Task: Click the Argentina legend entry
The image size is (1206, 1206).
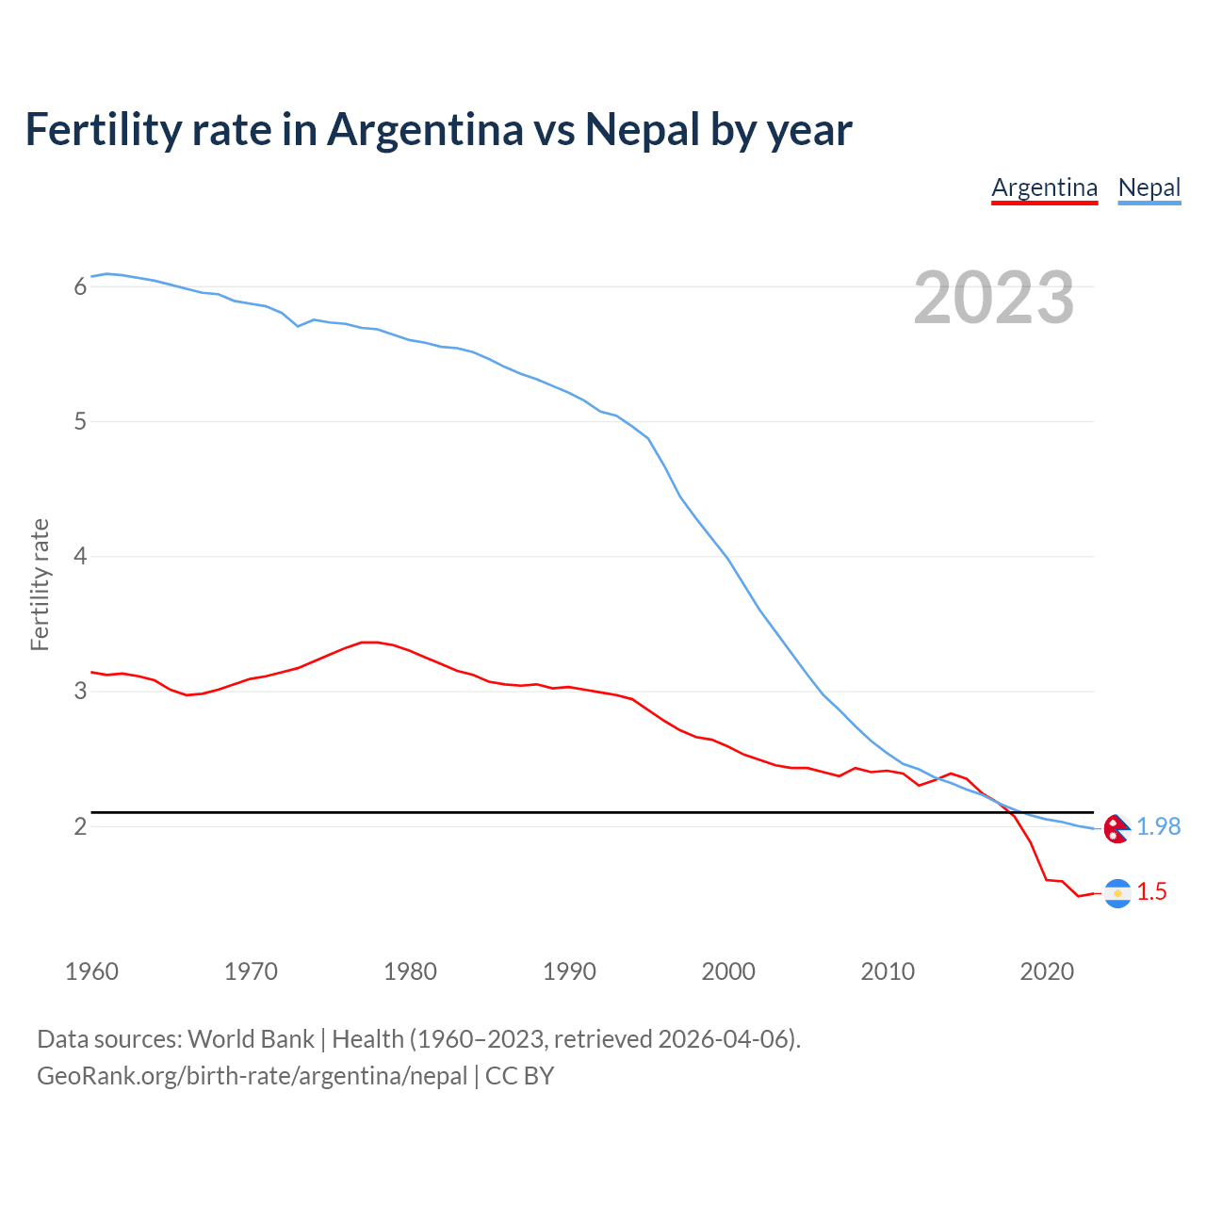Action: (x=1044, y=187)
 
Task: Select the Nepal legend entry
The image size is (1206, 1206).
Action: (x=1149, y=187)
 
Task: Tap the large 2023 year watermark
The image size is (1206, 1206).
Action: (x=993, y=298)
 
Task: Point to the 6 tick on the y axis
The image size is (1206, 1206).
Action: (x=81, y=286)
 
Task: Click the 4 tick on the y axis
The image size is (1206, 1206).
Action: (x=81, y=556)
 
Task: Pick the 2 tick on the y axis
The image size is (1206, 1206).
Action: (x=81, y=826)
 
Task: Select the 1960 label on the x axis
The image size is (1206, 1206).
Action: (x=91, y=971)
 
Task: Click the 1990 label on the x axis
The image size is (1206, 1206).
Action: (x=569, y=971)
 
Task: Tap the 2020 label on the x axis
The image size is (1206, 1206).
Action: (x=1047, y=971)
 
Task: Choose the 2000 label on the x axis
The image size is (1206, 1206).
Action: (x=728, y=971)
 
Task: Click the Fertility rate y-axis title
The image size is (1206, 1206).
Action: (x=40, y=584)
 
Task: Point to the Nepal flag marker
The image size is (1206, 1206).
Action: (x=1116, y=828)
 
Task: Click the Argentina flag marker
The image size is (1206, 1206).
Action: (x=1117, y=893)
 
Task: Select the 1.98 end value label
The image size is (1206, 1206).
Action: (x=1158, y=826)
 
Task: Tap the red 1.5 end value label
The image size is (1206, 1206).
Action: (x=1151, y=891)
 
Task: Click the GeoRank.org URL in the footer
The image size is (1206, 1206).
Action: (x=252, y=1076)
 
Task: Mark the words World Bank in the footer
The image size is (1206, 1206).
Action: (x=251, y=1039)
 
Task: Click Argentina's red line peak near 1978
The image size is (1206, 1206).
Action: (x=370, y=643)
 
